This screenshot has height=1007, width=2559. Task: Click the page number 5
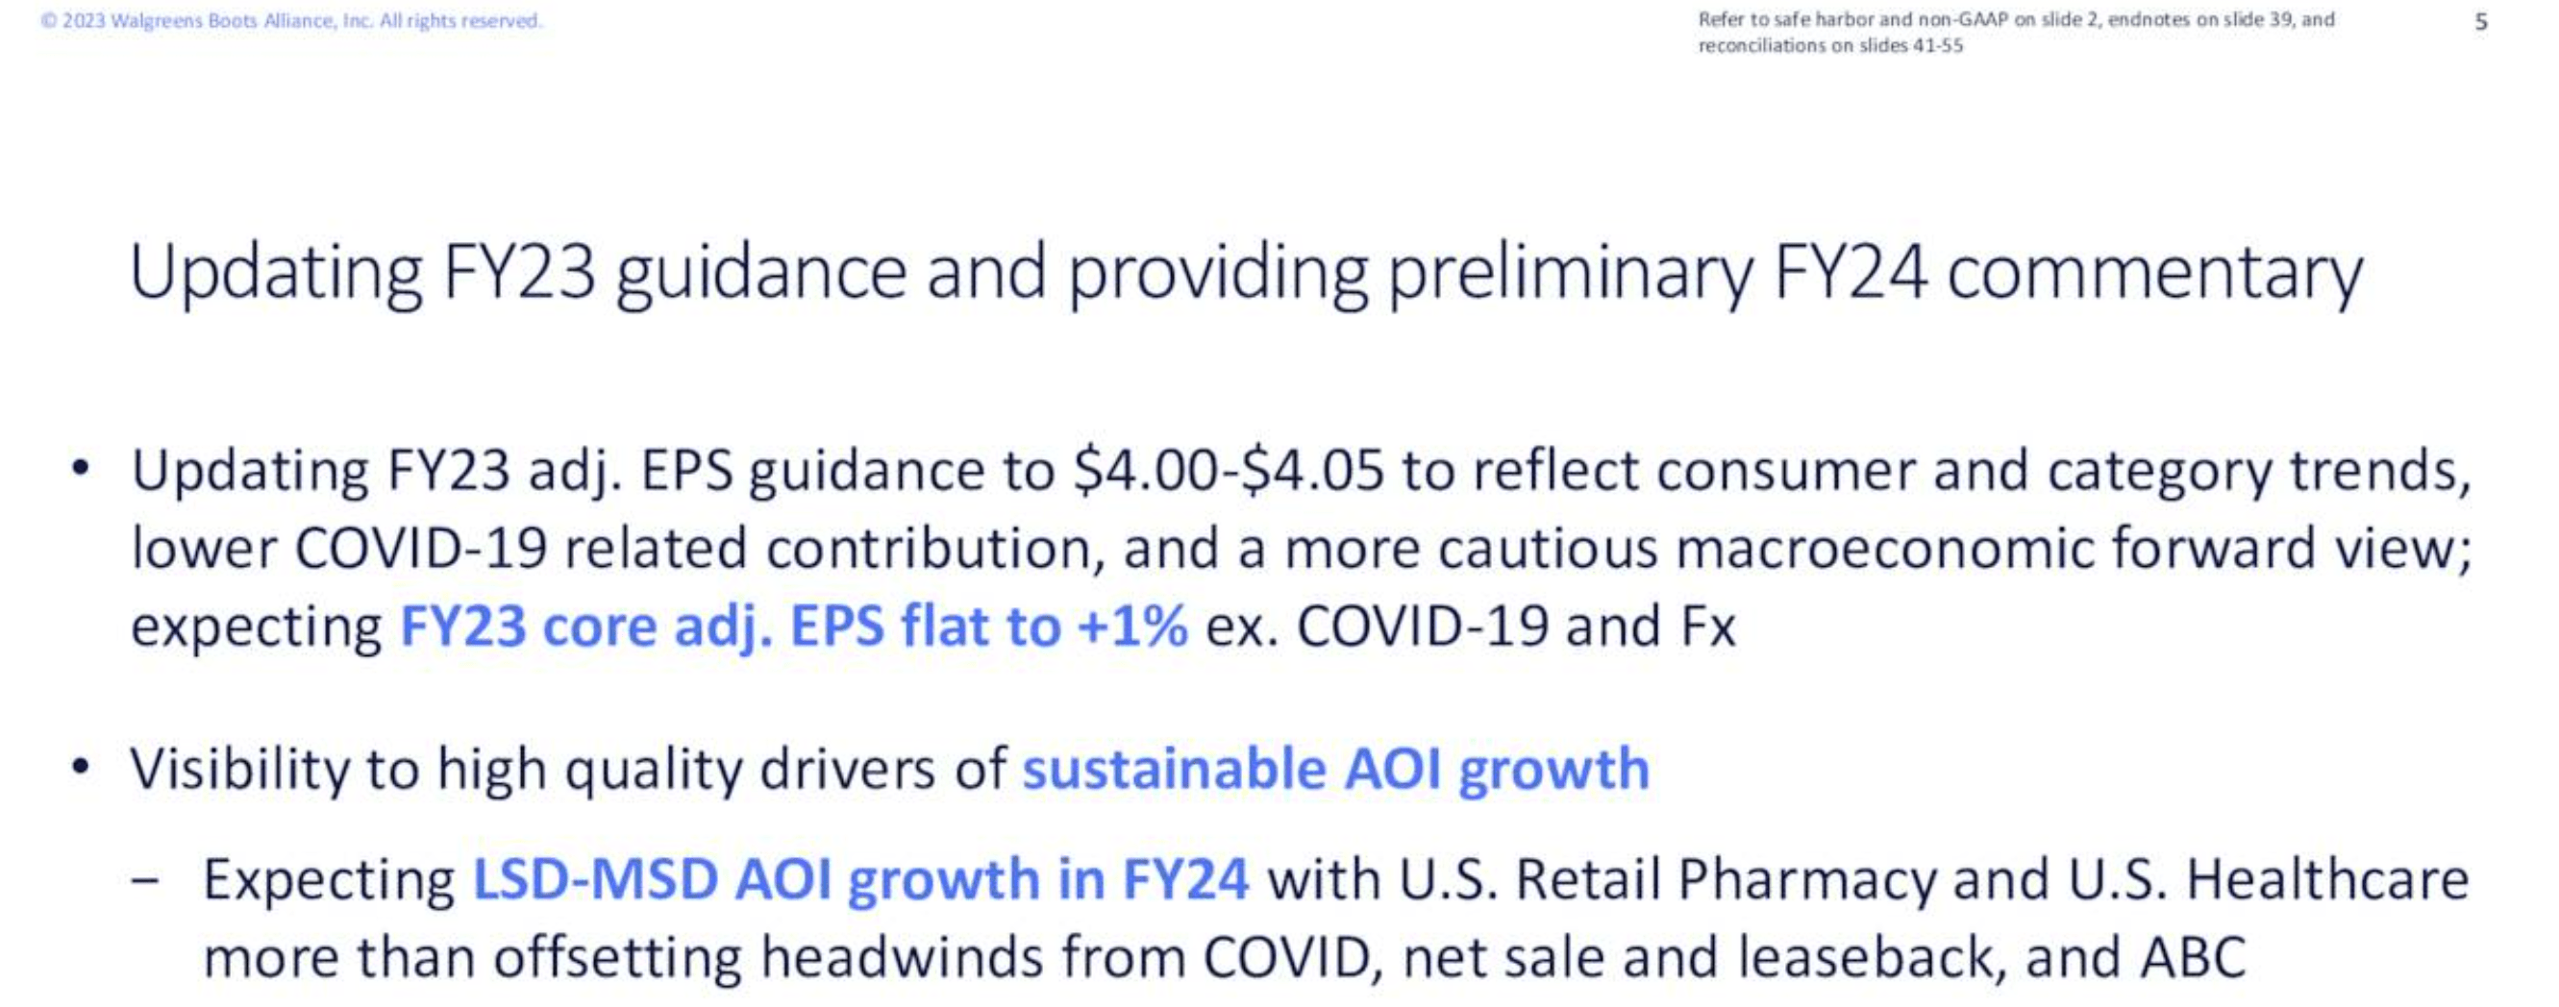2480,22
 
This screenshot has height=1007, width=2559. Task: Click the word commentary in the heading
2154,274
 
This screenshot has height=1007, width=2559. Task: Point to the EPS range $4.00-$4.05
1228,471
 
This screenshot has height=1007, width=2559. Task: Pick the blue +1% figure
1131,626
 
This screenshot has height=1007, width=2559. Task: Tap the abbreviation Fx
1707,626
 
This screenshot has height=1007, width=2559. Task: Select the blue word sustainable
1173,770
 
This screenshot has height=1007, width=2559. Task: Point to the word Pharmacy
1806,880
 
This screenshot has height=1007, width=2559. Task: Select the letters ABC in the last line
2194,958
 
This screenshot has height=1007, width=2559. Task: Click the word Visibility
237,770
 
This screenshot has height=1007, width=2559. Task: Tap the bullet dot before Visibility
81,768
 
